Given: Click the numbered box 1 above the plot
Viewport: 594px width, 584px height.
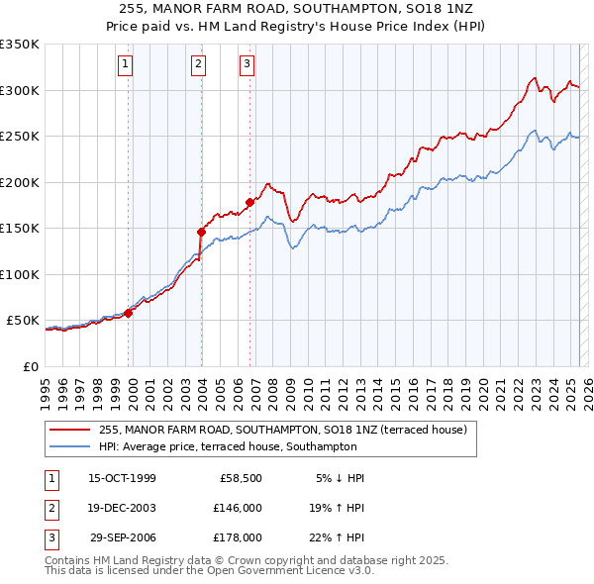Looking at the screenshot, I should pyautogui.click(x=127, y=65).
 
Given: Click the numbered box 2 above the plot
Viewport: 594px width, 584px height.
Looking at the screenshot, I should pyautogui.click(x=198, y=65).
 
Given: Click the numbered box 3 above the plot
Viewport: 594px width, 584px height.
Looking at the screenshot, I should pyautogui.click(x=247, y=65).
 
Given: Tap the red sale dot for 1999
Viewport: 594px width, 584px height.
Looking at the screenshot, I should pyautogui.click(x=129, y=313).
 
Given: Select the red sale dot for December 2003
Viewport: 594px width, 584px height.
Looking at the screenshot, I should pyautogui.click(x=201, y=233).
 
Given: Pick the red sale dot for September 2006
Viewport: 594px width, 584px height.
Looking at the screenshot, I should pyautogui.click(x=249, y=203).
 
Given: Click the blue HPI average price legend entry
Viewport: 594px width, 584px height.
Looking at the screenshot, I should pyautogui.click(x=247, y=446).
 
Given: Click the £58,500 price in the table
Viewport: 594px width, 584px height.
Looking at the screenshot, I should pyautogui.click(x=238, y=478).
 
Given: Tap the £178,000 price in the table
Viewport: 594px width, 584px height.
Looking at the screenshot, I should pyautogui.click(x=238, y=537).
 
